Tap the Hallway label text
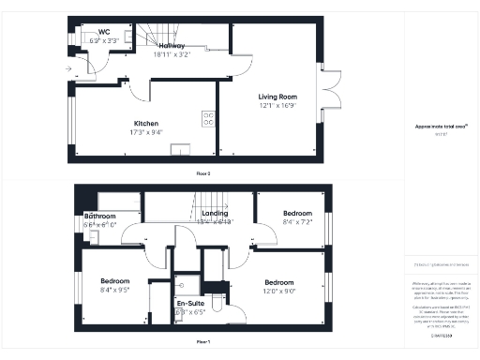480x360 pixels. (x=171, y=45)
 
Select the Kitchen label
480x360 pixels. (x=145, y=124)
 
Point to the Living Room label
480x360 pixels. (x=278, y=96)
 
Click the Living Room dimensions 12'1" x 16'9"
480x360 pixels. (x=278, y=105)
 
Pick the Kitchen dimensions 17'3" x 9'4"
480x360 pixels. (x=145, y=132)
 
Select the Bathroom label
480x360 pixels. (x=99, y=216)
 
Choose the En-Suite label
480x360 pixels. (x=190, y=304)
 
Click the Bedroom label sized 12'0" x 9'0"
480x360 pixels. (x=279, y=282)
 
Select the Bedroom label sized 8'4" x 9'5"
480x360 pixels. (x=115, y=280)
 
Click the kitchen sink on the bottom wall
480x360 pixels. (x=178, y=148)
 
